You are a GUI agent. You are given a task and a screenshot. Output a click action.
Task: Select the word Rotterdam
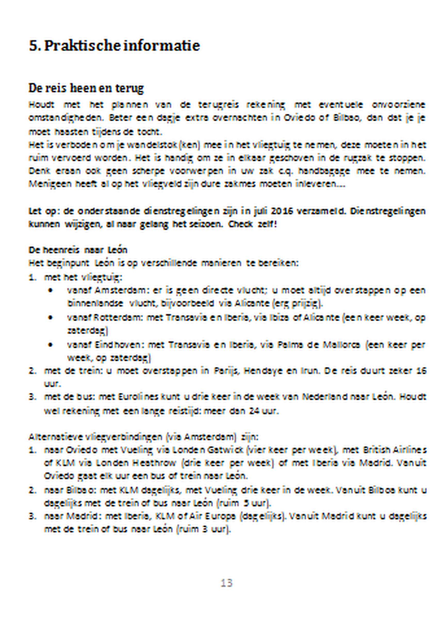pyautogui.click(x=118, y=317)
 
